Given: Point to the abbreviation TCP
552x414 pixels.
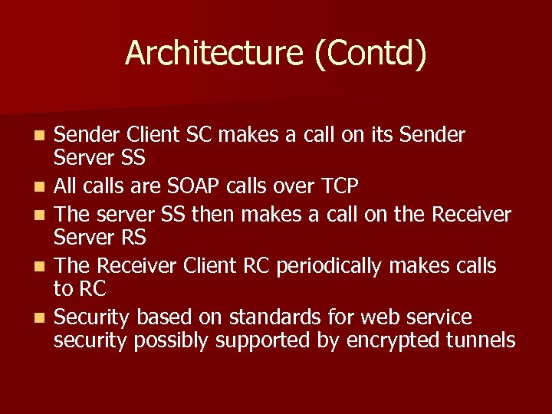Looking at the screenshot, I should click(x=337, y=186).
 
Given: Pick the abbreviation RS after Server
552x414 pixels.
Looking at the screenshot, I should click(x=133, y=238).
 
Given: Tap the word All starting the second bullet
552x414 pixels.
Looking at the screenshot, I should click(x=67, y=186).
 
